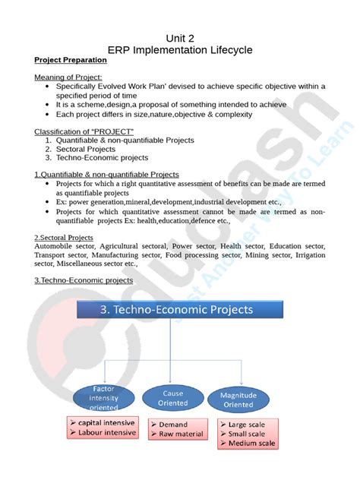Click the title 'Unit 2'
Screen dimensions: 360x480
point(180,37)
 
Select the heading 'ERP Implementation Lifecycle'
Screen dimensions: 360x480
point(180,49)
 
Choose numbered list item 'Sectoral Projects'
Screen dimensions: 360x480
point(89,149)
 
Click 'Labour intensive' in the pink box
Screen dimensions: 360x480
point(105,433)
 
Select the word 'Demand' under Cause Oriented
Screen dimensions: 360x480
point(174,425)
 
